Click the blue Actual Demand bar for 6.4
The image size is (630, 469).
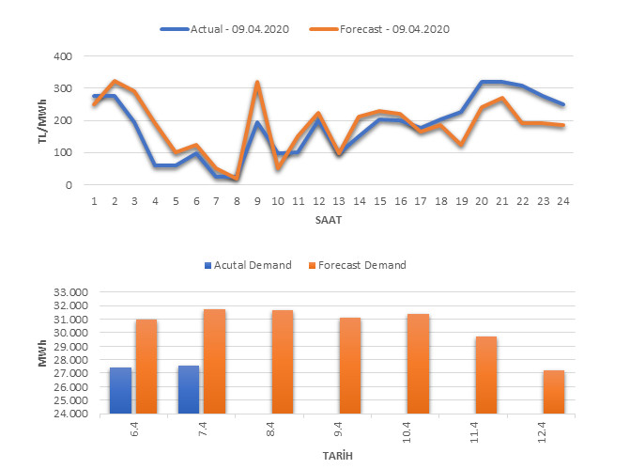(x=120, y=390)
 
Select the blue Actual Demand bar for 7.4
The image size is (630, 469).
(x=189, y=389)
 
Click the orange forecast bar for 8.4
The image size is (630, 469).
(x=282, y=362)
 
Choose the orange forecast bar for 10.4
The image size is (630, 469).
(x=418, y=364)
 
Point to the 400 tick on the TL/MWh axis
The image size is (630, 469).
(x=62, y=56)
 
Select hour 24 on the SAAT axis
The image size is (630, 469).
(x=562, y=201)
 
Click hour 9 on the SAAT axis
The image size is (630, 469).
(x=256, y=201)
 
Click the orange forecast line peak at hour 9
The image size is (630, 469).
(x=256, y=83)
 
